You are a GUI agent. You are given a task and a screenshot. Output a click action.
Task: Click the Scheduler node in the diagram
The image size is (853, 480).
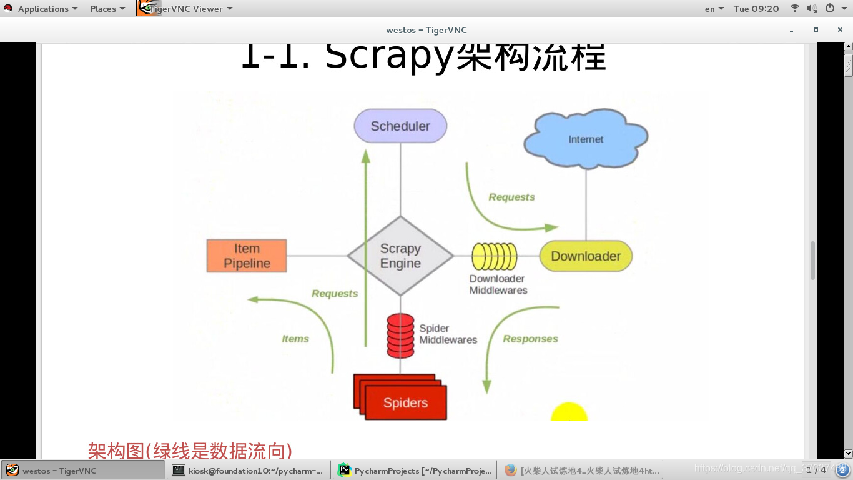pos(400,126)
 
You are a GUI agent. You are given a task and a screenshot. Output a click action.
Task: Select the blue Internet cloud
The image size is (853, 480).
pos(586,139)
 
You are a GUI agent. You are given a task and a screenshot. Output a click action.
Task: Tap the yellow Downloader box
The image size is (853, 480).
pos(586,256)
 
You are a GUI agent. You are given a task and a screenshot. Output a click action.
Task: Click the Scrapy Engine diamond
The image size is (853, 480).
pos(400,256)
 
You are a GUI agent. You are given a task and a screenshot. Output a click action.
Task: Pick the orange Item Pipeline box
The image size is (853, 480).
pos(247,256)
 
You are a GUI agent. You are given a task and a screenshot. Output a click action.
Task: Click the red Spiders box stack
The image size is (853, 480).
pos(403,400)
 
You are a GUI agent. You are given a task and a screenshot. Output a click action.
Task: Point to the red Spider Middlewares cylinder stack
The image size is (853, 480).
pos(400,336)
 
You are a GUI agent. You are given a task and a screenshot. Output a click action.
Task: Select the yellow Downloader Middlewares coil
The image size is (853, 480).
pos(495,256)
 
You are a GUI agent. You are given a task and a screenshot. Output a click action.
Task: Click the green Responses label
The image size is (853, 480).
pos(530,339)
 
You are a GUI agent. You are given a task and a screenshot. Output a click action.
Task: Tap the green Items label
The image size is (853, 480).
pos(295,339)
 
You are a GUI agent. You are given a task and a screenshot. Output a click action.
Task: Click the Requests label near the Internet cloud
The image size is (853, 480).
pos(511,197)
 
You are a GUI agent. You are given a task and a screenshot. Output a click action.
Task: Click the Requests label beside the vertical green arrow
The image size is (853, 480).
pos(335,294)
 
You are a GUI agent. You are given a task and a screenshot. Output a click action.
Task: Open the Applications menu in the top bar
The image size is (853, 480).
pos(42,9)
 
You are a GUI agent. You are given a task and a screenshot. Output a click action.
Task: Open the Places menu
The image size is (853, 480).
pos(107,9)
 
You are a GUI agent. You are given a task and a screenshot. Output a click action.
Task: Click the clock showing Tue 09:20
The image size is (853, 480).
pos(756,9)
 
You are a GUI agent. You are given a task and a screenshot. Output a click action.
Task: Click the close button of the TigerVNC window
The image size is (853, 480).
pos(840,29)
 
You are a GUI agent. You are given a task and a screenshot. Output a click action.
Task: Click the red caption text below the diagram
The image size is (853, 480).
pos(190,451)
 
